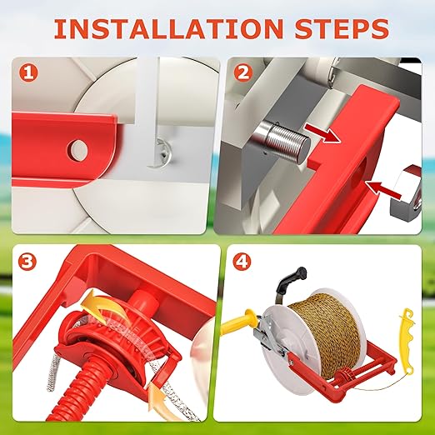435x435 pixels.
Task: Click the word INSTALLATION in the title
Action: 168,28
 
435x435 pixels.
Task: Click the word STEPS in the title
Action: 342,28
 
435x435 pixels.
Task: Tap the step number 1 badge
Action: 28,72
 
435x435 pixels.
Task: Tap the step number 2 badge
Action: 243,72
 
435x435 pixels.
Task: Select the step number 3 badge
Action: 27,262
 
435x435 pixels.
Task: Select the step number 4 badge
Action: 242,262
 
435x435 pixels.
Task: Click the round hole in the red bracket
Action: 77,150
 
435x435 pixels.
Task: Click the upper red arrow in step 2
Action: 322,132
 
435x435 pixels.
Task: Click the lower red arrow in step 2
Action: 383,189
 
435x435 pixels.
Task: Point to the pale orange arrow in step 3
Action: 162,404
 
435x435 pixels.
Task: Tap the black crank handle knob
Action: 301,272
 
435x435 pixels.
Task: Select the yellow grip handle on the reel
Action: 240,322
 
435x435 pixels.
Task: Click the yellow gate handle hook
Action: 407,340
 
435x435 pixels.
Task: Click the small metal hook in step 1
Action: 162,153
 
